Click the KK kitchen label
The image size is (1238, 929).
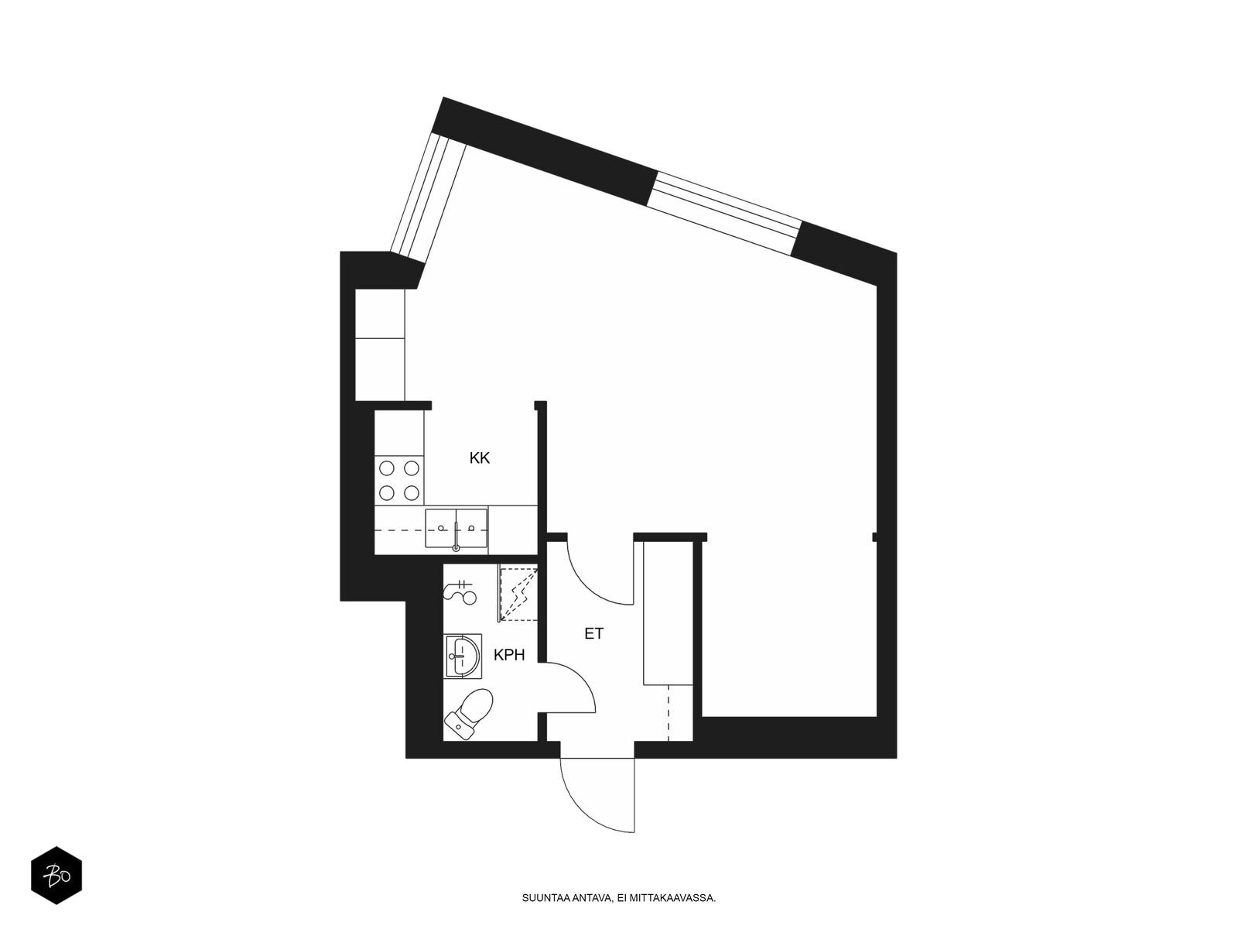480,458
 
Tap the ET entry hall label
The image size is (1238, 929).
594,633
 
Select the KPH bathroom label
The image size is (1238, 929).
509,655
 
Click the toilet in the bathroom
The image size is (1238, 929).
469,714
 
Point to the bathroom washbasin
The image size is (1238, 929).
463,655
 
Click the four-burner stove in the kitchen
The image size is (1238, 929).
399,480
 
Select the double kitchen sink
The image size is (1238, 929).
457,528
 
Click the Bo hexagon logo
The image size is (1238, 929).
56,876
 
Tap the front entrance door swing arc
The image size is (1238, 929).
577,807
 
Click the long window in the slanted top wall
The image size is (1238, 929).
726,213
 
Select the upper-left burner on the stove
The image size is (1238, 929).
386,468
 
